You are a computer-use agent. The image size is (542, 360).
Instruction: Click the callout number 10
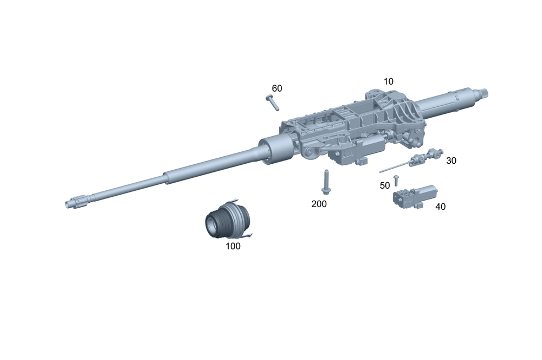click(389, 81)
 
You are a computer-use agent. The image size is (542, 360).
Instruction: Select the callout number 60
click(277, 88)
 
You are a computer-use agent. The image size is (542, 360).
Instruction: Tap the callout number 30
click(451, 160)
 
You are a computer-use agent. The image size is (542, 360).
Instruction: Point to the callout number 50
click(385, 186)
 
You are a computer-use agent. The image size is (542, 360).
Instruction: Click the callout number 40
click(440, 207)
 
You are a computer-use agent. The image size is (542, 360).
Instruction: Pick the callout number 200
click(319, 204)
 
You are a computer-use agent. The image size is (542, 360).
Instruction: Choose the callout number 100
click(233, 246)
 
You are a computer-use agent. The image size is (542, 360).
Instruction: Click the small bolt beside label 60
click(273, 102)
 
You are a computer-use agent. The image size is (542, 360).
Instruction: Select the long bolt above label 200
click(325, 182)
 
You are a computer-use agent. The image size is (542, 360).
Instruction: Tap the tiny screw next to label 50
click(396, 181)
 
